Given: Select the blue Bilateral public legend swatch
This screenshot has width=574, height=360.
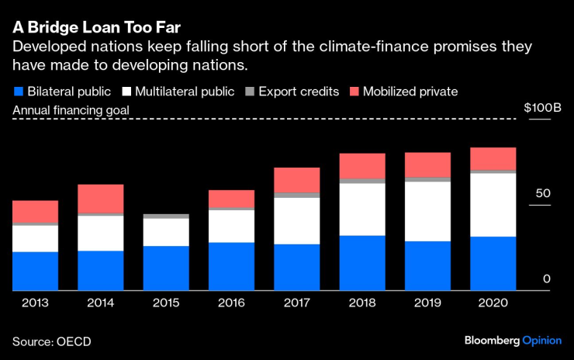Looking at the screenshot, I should click(x=17, y=92).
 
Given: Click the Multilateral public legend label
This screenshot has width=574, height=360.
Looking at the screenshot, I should click(x=184, y=92).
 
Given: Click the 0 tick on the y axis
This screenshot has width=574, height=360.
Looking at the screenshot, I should click(x=546, y=279).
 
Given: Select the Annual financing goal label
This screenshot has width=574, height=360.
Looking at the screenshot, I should click(x=71, y=110).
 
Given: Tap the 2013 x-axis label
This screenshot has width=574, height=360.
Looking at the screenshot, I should click(x=35, y=303).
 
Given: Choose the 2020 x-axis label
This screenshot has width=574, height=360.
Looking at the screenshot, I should click(x=493, y=303).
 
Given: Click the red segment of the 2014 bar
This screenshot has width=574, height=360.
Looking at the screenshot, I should click(x=101, y=199).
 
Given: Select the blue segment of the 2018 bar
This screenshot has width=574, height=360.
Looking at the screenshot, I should click(x=362, y=263).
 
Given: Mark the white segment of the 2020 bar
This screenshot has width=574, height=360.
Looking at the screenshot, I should click(x=493, y=204).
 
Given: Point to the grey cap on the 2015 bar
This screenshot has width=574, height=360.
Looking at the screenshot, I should click(x=166, y=216).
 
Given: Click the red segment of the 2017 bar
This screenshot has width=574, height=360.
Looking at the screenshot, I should click(x=297, y=180).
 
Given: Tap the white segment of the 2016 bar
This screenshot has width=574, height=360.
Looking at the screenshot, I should click(x=231, y=226).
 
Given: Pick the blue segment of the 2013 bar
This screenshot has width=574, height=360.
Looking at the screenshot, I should click(x=35, y=271).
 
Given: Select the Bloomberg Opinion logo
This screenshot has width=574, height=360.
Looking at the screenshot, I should click(x=513, y=341).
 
